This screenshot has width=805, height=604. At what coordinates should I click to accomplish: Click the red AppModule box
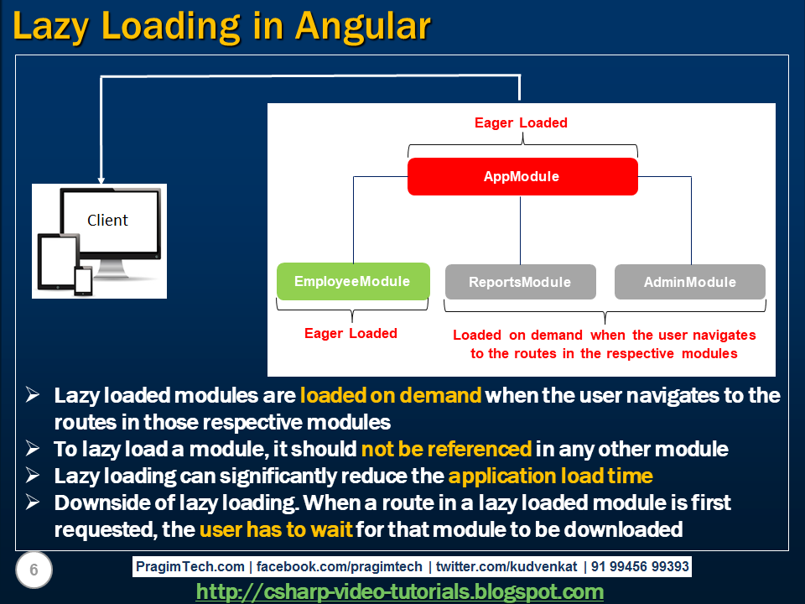(522, 177)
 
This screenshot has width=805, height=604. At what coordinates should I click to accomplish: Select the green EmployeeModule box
(353, 282)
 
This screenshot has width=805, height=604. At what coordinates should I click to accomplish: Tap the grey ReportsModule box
(520, 282)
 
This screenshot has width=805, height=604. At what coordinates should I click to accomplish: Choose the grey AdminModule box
(689, 282)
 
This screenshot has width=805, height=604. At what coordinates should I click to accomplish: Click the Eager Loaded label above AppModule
(521, 122)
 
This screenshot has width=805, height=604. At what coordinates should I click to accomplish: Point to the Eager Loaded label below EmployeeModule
(351, 333)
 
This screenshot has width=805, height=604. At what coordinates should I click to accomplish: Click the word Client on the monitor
(107, 221)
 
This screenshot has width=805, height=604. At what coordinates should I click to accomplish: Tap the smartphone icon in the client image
(83, 280)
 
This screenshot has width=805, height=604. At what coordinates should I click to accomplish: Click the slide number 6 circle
(34, 570)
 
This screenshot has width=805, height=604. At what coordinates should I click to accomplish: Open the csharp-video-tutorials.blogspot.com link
(400, 591)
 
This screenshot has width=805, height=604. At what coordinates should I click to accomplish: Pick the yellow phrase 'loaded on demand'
(391, 395)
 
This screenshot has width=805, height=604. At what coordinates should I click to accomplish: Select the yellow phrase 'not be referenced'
(446, 449)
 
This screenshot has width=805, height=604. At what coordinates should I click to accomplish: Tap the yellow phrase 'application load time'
(550, 476)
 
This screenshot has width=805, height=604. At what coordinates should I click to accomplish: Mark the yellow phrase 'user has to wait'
(276, 529)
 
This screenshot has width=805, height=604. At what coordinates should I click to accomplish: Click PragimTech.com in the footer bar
(190, 567)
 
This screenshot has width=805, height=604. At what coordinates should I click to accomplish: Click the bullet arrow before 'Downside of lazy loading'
(34, 503)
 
